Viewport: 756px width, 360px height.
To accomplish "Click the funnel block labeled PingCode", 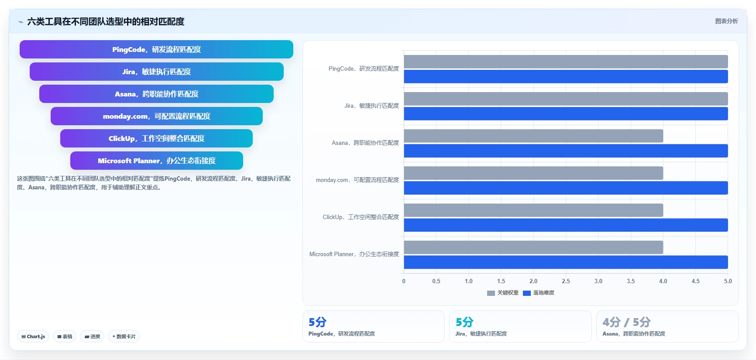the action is [156, 49].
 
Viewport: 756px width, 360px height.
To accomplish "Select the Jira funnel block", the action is [157, 72].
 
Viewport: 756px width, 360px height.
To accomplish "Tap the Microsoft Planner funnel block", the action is [157, 161].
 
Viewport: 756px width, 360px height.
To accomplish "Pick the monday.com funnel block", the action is [157, 116].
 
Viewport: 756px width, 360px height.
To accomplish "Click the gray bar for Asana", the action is [533, 136].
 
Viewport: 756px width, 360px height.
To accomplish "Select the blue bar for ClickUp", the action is [566, 225].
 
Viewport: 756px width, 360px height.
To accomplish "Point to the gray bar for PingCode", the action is [566, 62].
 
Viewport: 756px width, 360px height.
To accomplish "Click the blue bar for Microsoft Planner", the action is [566, 262].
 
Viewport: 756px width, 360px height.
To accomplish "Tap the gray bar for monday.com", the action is [533, 173].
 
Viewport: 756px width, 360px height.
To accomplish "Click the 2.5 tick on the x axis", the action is [566, 281].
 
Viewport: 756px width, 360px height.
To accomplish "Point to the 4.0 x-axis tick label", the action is [663, 281].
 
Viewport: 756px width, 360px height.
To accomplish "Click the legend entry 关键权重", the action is [503, 293].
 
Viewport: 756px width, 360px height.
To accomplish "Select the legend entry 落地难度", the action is [539, 293].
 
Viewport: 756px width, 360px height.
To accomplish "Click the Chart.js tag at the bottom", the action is [33, 336].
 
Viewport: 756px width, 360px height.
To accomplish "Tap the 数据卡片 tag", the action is [124, 336].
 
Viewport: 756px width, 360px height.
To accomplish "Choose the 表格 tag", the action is [65, 336].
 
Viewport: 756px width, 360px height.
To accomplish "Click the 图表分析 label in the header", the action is [726, 21].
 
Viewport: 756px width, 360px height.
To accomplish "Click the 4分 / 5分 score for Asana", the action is [626, 322].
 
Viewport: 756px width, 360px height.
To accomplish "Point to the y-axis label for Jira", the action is [371, 106].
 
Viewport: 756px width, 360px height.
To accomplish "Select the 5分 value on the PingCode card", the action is [317, 322].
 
